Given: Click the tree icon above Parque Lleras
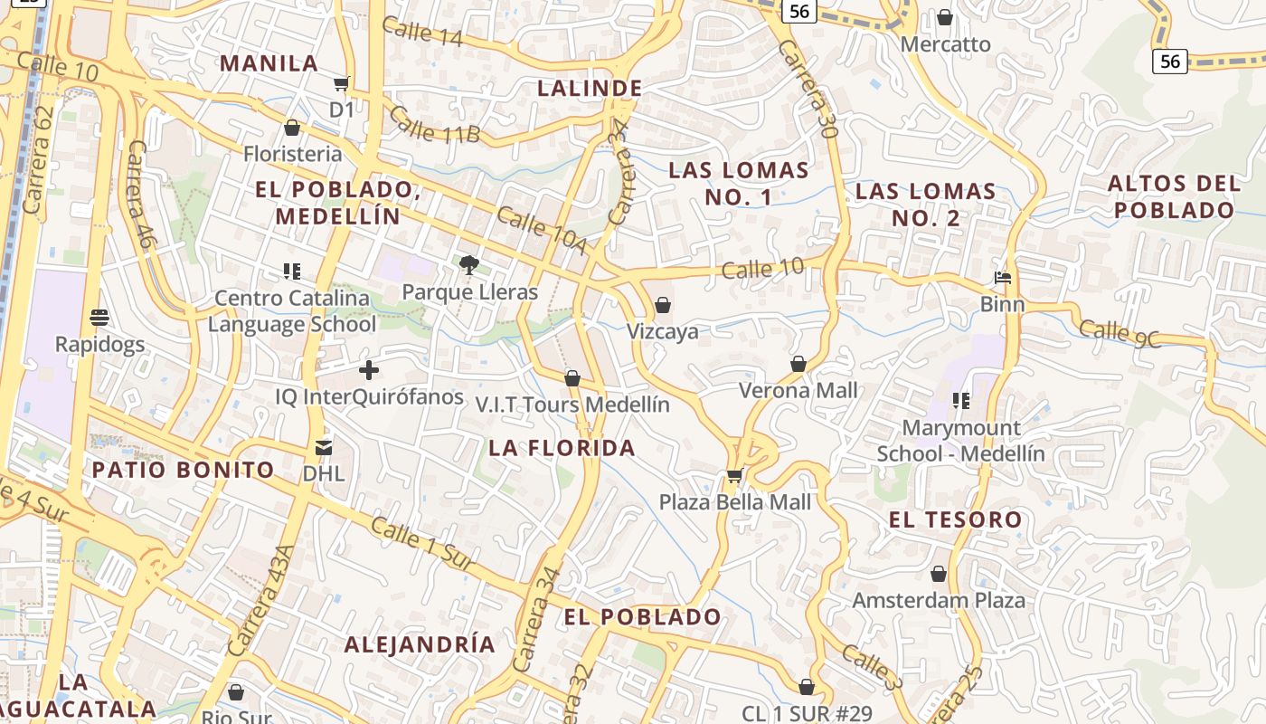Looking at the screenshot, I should [x=468, y=264].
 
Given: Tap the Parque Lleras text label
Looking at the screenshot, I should [x=469, y=292].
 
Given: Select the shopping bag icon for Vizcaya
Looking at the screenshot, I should [x=663, y=305].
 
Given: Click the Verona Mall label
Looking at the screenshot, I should [x=798, y=391].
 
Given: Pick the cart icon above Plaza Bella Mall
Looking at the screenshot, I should [x=734, y=475].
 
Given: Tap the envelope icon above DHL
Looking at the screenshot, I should [x=323, y=447].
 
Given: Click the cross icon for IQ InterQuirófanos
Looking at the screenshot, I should [x=369, y=369].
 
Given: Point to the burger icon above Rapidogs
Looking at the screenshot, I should [x=99, y=318].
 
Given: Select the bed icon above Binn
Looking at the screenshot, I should [x=1002, y=277].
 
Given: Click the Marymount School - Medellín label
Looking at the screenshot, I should [x=960, y=441].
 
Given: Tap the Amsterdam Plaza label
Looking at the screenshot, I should [x=939, y=600].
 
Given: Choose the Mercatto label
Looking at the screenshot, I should [x=946, y=44].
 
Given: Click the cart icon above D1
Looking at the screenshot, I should [x=341, y=84].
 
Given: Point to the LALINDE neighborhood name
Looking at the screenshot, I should [x=590, y=89].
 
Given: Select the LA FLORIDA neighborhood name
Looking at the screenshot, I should [x=562, y=448].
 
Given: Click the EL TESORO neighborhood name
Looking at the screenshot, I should [x=955, y=520].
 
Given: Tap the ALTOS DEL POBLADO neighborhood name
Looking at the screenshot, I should [x=1174, y=196].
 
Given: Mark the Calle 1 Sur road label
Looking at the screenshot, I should [x=422, y=545].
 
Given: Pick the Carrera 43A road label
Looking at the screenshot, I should [x=262, y=600].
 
